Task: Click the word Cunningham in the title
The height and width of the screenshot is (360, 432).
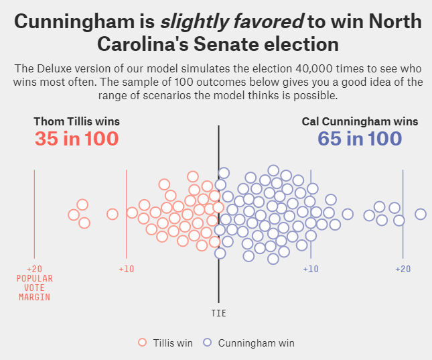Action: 75,21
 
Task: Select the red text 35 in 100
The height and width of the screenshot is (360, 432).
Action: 76,139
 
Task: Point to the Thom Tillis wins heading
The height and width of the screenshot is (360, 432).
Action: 76,121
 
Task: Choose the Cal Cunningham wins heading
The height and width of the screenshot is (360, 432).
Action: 360,121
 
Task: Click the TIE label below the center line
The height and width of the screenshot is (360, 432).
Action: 219,313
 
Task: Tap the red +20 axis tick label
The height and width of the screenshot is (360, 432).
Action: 34,269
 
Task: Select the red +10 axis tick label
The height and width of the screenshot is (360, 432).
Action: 127,269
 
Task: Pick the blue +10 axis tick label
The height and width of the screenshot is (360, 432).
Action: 311,269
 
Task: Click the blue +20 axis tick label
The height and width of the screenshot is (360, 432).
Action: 403,269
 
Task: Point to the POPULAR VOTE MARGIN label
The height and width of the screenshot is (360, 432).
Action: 34,288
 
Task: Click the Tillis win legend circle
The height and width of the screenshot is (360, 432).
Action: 142,343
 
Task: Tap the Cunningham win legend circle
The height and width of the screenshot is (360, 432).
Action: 207,343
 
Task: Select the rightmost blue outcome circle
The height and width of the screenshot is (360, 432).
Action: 421,214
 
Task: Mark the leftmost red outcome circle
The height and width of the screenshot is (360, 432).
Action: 74,215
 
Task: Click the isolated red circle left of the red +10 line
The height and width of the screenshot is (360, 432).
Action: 113,214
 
